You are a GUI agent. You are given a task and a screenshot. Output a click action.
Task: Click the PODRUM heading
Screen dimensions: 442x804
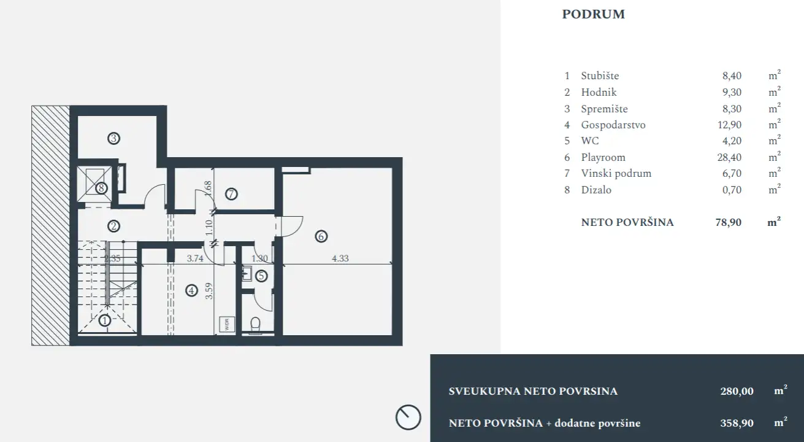pyautogui.click(x=593, y=15)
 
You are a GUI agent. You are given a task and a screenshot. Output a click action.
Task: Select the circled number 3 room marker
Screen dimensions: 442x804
pyautogui.click(x=113, y=138)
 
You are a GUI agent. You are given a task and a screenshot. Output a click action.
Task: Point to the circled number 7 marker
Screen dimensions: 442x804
pyautogui.click(x=231, y=195)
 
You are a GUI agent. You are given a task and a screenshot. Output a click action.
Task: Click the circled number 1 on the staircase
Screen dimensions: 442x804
pyautogui.click(x=105, y=320)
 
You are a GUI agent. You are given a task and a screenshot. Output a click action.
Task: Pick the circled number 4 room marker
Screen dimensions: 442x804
pyautogui.click(x=192, y=291)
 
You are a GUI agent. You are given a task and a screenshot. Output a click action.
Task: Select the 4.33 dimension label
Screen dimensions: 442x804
pyautogui.click(x=340, y=259)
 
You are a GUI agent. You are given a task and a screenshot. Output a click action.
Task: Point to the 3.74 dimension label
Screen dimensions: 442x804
pyautogui.click(x=194, y=259)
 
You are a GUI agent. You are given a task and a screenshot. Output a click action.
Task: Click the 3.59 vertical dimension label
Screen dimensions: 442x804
pyautogui.click(x=209, y=290)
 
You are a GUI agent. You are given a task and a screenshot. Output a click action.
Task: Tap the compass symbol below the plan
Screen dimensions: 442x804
pyautogui.click(x=408, y=417)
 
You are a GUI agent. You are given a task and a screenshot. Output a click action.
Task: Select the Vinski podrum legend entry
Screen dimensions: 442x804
pyautogui.click(x=616, y=173)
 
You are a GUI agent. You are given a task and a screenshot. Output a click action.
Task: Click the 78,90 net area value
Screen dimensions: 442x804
pyautogui.click(x=729, y=222)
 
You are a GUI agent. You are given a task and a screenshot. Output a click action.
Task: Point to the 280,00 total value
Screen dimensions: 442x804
pyautogui.click(x=736, y=392)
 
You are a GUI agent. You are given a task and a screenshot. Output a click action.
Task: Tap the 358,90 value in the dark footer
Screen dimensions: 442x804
pyautogui.click(x=736, y=423)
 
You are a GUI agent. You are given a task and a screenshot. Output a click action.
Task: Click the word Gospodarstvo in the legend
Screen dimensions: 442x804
pyautogui.click(x=613, y=125)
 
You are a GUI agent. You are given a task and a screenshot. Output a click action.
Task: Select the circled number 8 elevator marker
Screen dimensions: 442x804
pyautogui.click(x=101, y=188)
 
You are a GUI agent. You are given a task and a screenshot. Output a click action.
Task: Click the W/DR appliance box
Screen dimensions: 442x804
pyautogui.click(x=226, y=324)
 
